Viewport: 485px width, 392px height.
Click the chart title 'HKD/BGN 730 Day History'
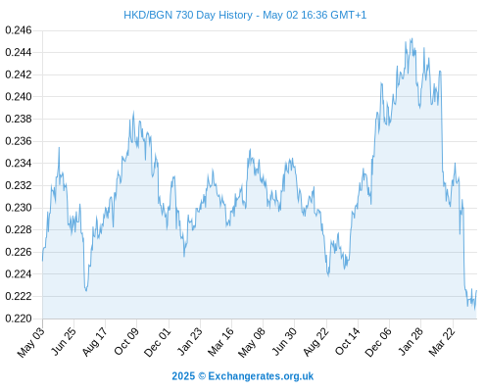188,16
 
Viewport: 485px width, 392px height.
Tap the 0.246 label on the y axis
19,30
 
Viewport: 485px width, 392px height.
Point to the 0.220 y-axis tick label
19,318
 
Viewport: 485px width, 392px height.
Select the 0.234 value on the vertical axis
19,163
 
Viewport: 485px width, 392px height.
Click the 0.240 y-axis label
19,97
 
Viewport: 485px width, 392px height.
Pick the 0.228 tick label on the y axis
19,229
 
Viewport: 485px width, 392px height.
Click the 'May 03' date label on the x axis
30,342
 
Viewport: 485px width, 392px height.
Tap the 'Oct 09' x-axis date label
126,341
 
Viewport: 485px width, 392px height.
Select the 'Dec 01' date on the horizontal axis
158,342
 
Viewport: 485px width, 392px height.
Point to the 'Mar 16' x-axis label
220,341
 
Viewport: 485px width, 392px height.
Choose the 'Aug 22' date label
315,341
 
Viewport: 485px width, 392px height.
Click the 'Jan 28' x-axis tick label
411,341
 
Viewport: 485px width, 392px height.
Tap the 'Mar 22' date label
442,341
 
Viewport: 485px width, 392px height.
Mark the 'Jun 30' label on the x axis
284,341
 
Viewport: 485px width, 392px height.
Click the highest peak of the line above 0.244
412,38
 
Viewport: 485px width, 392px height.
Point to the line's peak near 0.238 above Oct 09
133,112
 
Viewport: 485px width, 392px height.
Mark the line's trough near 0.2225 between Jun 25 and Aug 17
86,290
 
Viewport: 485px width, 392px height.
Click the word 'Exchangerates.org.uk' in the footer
261,376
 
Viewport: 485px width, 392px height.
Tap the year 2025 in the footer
183,376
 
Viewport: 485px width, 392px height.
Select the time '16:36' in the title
315,16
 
